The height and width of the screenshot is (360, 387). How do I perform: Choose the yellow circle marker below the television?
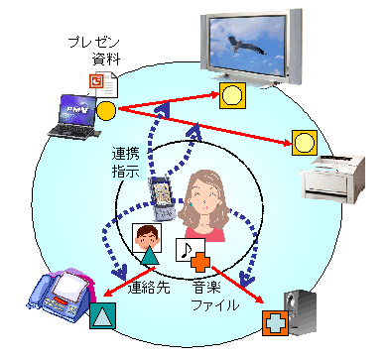(232, 96)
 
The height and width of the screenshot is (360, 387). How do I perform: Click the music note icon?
(186, 251)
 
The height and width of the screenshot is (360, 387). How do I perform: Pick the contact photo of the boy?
(144, 238)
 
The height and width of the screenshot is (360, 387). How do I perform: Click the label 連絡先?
(151, 288)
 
